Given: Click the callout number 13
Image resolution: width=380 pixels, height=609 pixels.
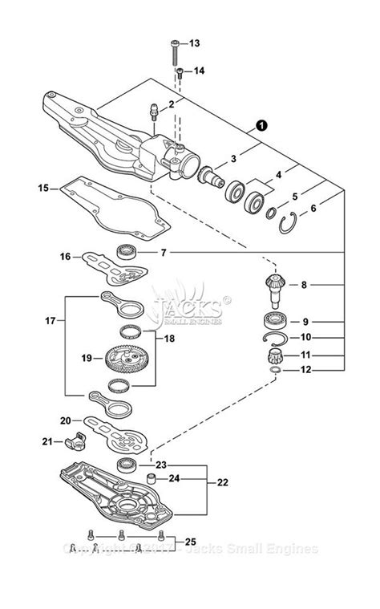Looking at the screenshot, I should (x=195, y=43).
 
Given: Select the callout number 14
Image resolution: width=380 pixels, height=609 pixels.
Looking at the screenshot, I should (x=199, y=71).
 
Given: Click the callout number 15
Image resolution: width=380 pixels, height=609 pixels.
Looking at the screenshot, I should (x=43, y=189).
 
